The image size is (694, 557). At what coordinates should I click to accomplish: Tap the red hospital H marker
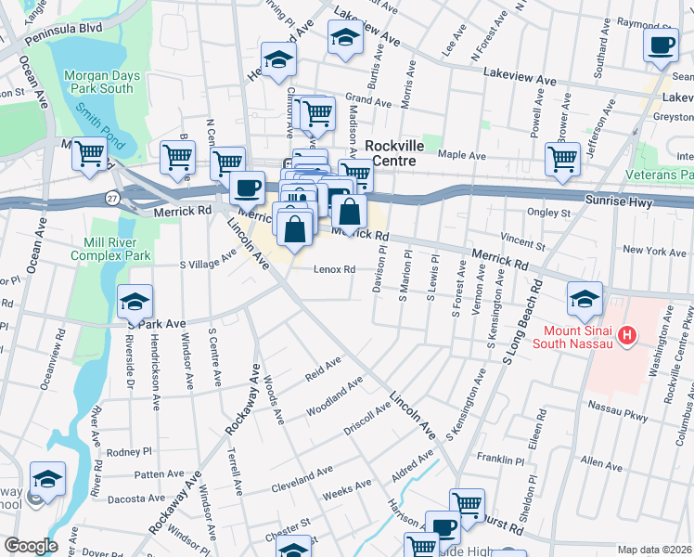click(628, 334)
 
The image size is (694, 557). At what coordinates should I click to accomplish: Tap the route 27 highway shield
click(112, 198)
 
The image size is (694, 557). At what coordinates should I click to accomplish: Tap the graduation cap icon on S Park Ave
click(135, 302)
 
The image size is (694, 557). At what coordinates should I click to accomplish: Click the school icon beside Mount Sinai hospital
click(585, 299)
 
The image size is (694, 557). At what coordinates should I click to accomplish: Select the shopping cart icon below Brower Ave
click(562, 159)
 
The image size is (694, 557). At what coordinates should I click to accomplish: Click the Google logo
click(30, 546)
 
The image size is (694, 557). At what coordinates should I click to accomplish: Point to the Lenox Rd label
click(335, 270)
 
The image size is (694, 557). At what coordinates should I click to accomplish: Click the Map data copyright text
click(654, 550)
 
